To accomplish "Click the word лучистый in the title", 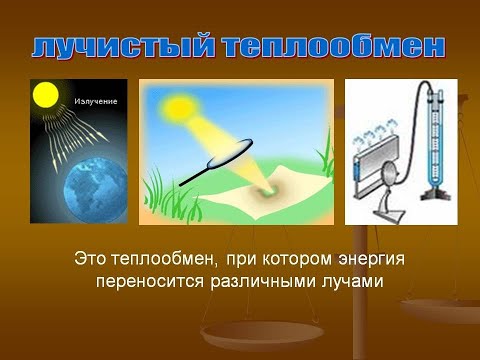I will tap(122, 46).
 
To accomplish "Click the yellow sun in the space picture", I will tap(45, 95).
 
